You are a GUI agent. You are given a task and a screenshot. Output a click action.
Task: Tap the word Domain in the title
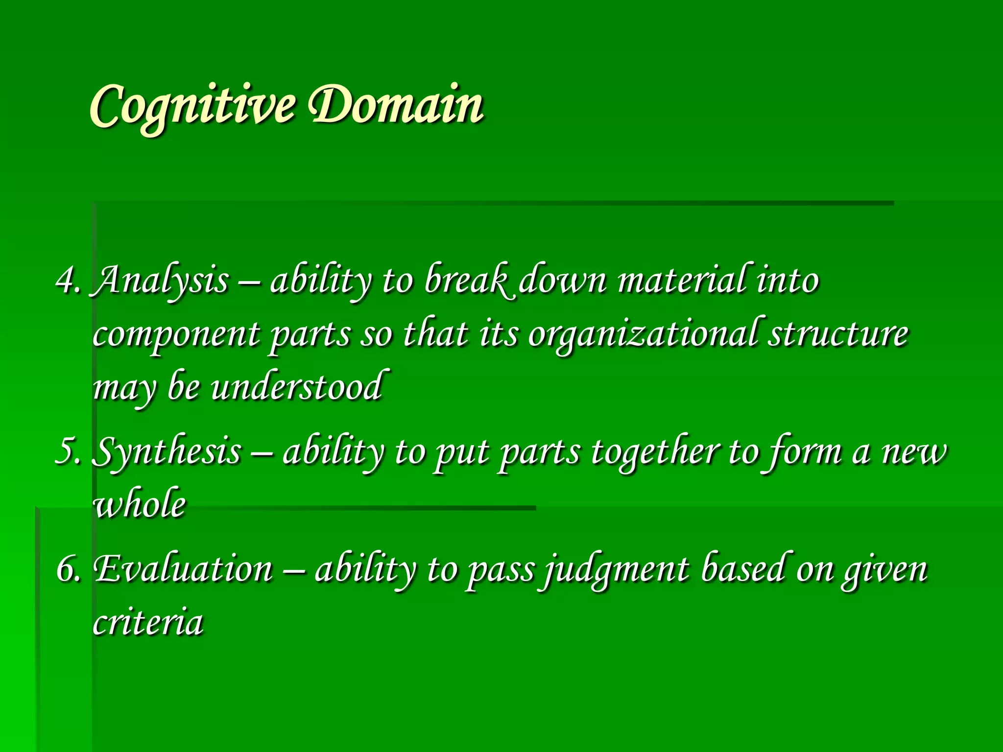[x=397, y=105]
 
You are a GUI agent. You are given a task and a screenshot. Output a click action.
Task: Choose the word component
[x=176, y=336]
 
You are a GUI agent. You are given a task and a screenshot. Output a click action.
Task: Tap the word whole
[x=140, y=504]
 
